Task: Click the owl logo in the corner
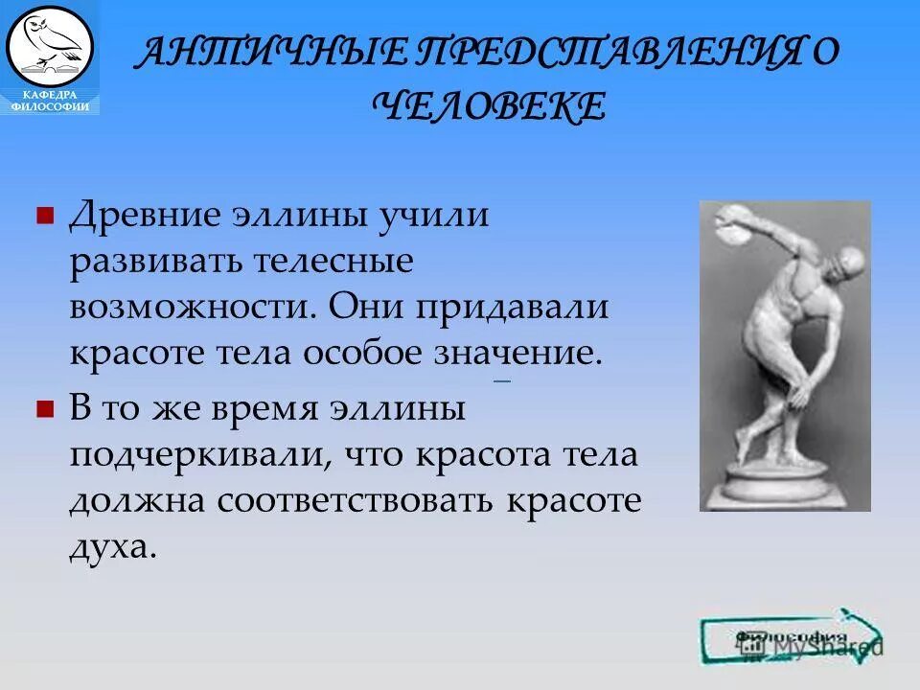(x=49, y=44)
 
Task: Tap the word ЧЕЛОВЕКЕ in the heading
(x=494, y=105)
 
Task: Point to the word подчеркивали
(x=191, y=455)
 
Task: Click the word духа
(x=111, y=547)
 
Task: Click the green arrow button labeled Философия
(x=791, y=637)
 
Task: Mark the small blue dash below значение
(x=500, y=381)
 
